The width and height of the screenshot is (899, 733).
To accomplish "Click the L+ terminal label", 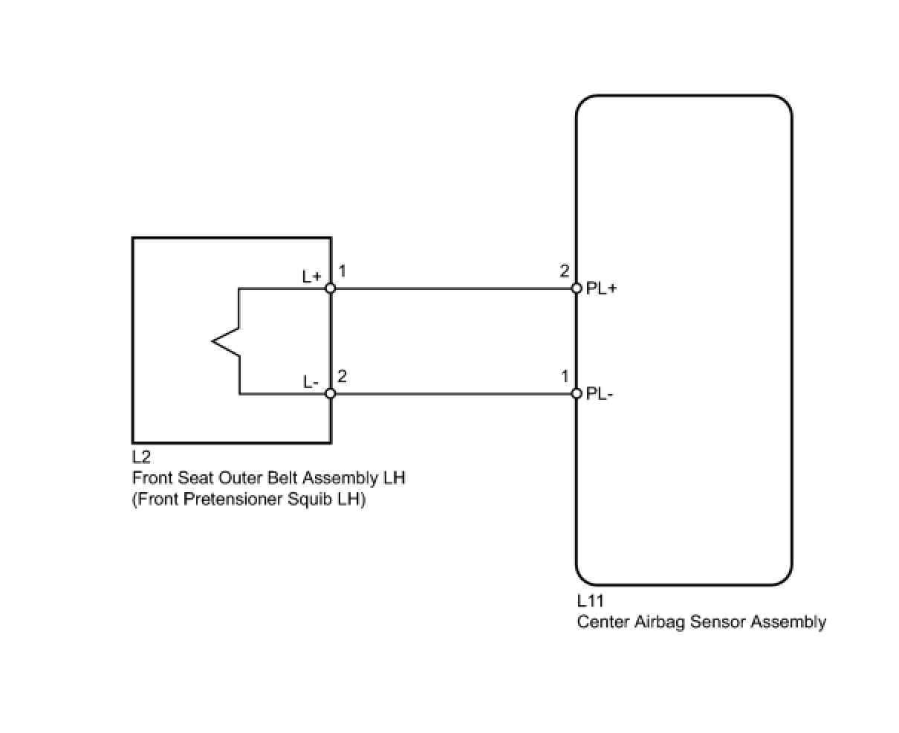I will pos(312,276).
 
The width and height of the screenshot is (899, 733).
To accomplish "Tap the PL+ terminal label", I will pos(602,288).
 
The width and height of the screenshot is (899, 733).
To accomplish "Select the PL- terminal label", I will pos(600,394).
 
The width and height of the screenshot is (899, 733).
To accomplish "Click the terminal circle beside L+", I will pos(331,288).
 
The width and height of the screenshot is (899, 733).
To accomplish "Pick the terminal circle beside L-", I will pos(331,393).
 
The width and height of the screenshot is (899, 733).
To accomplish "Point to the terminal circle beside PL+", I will pos(576,288).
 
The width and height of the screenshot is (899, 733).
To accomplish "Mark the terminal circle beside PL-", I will pos(576,393).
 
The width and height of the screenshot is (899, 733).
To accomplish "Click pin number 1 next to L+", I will pos(343,271).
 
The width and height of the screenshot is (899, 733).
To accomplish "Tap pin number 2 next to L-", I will pos(343,376).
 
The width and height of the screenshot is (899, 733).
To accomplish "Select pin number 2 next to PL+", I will pos(565,271).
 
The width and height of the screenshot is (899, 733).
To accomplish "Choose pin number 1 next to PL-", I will pos(565,377).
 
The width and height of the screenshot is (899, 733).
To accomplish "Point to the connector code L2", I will pos(141,457).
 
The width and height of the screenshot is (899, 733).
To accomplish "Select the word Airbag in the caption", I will pos(661,621).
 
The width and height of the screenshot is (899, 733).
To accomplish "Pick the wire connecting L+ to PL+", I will pos(453,288).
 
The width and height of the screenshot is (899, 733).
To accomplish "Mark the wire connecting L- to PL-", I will pos(453,393).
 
